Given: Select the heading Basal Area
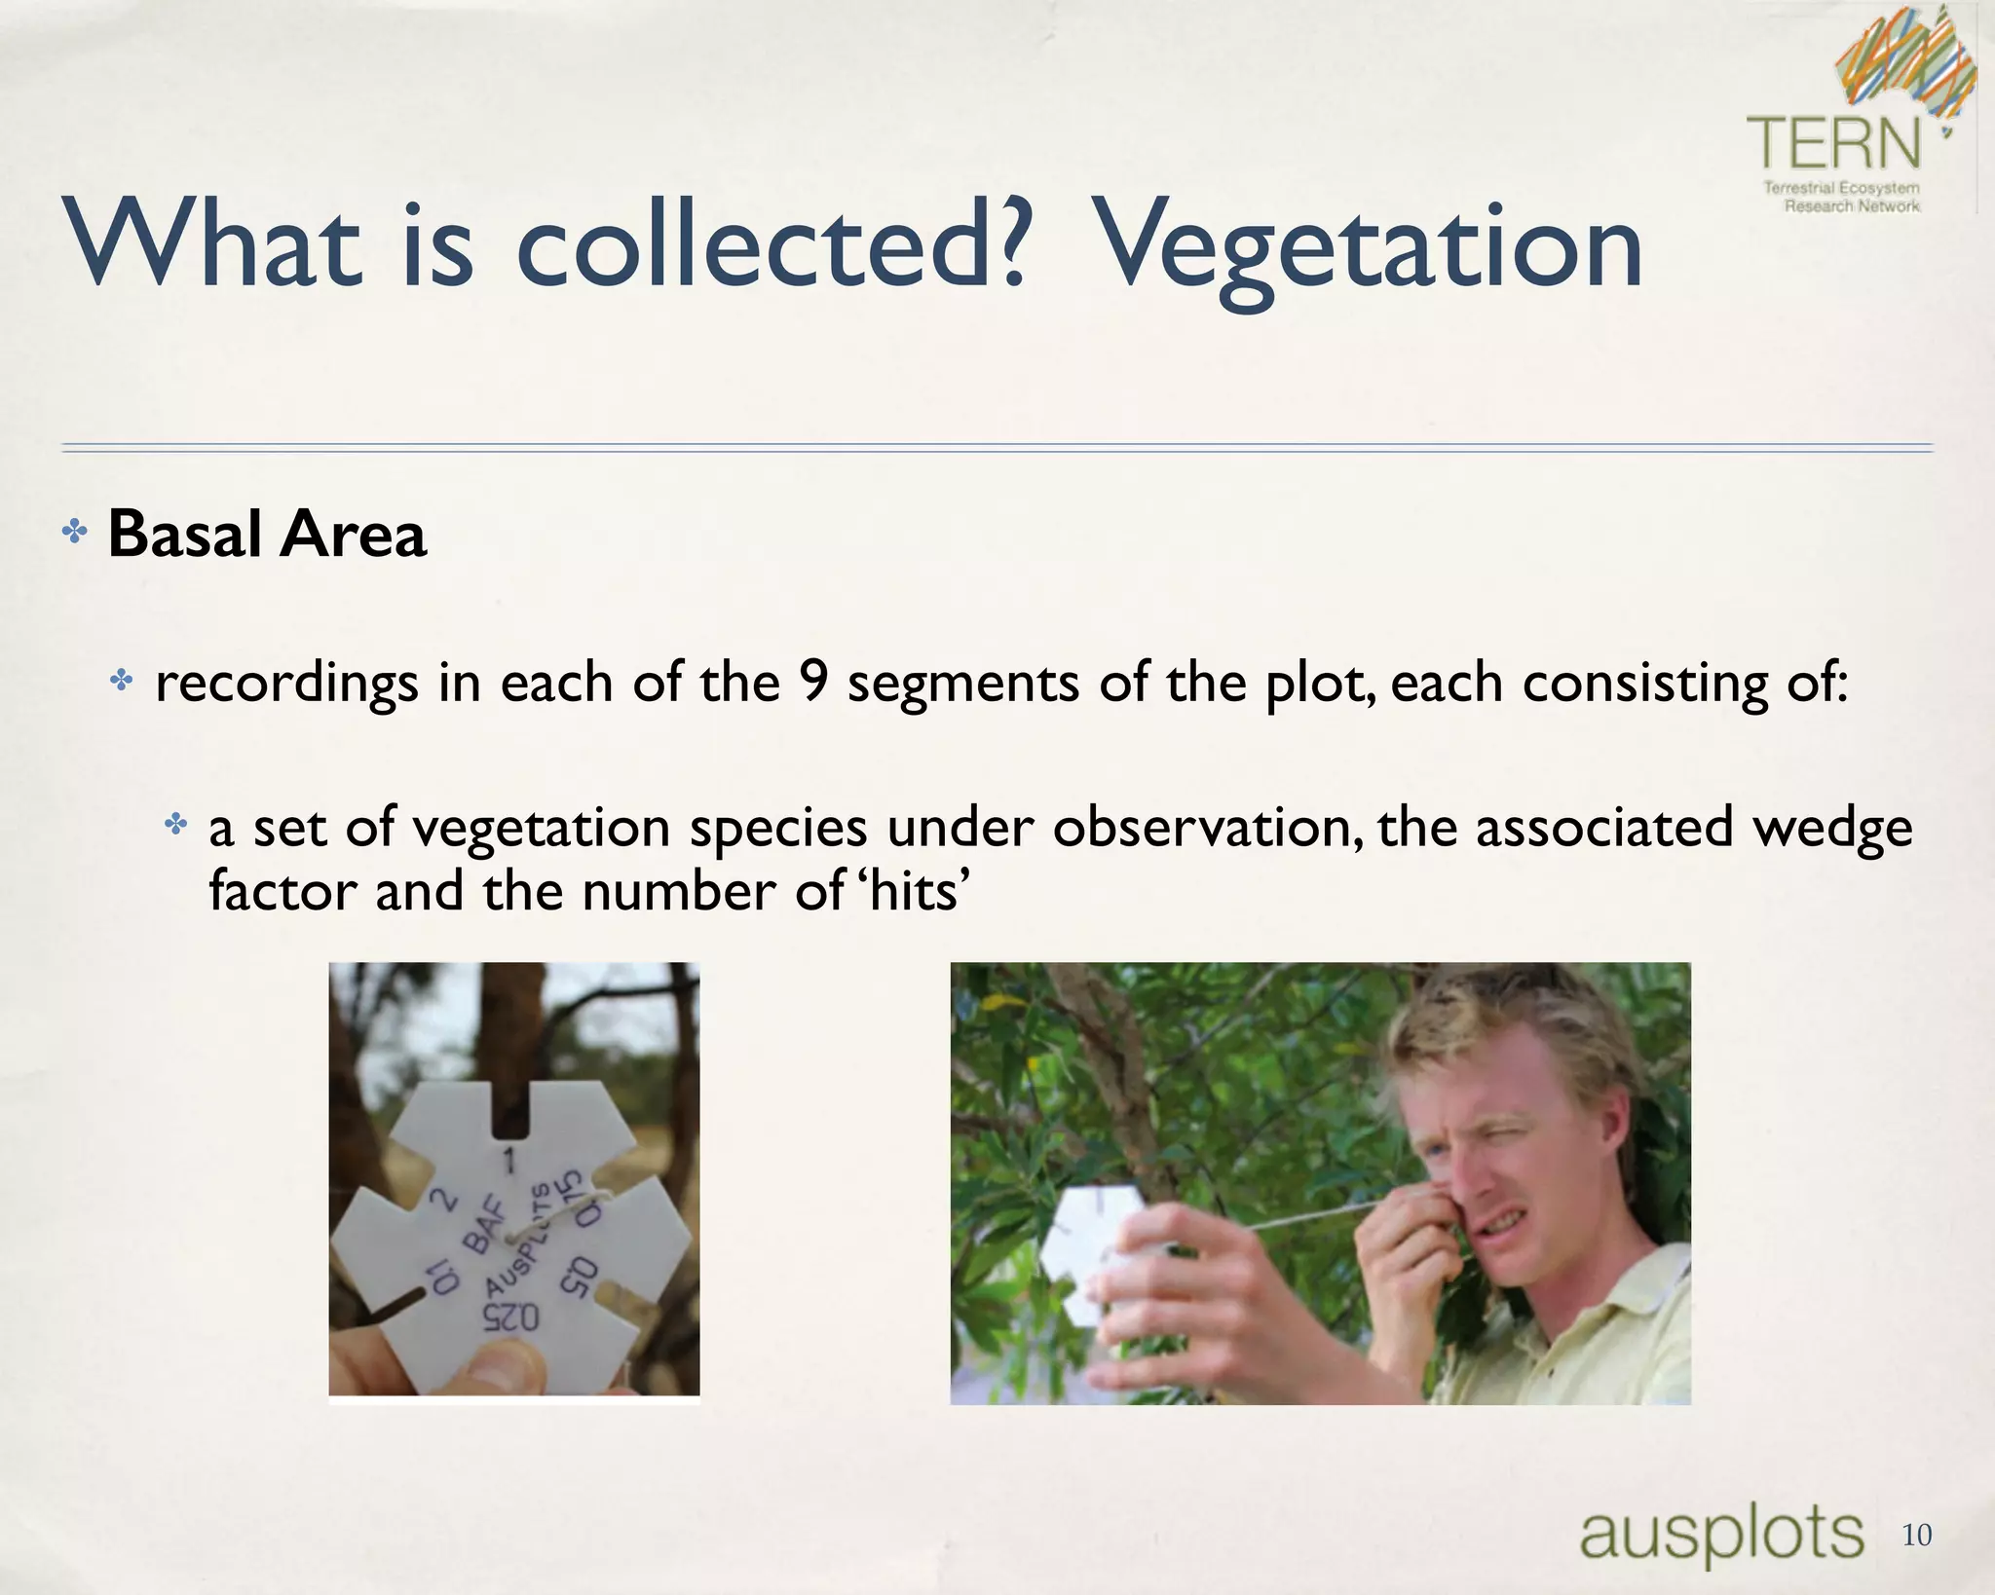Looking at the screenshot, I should (x=267, y=535).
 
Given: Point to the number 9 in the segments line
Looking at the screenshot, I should (x=812, y=681).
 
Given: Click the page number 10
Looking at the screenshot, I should (x=1916, y=1536).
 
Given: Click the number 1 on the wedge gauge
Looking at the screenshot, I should (x=508, y=1161).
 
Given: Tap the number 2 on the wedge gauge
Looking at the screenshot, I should (x=444, y=1200).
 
